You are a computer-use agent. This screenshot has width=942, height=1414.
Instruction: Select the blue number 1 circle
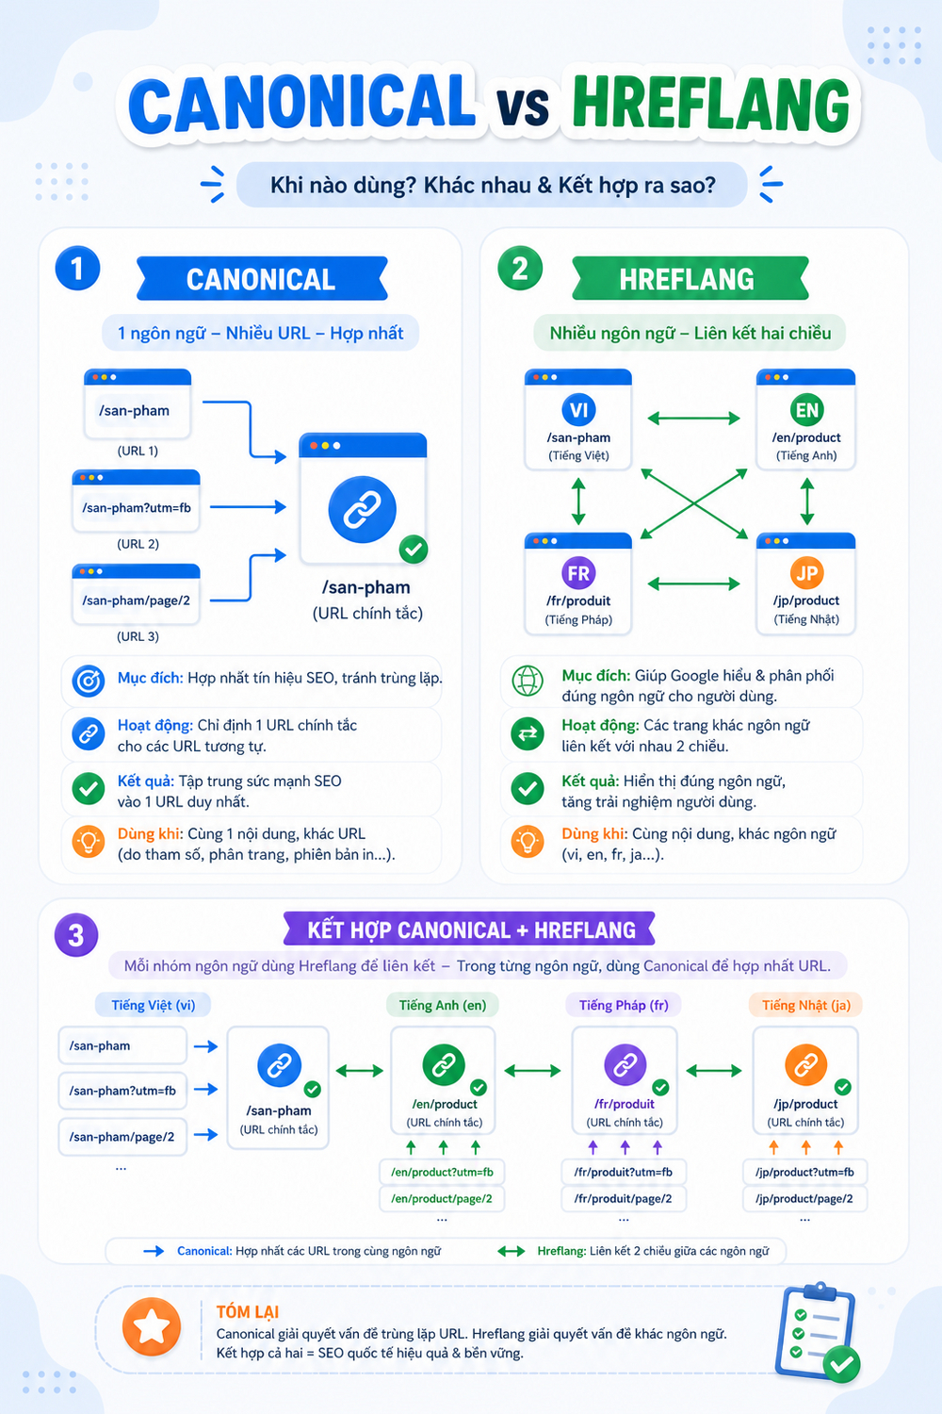[77, 269]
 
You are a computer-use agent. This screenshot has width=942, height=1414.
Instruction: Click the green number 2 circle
[520, 269]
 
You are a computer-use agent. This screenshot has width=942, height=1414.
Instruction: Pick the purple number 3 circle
[76, 935]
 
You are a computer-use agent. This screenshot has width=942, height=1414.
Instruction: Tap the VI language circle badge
[578, 410]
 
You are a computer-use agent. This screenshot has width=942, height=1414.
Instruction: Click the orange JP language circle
[806, 573]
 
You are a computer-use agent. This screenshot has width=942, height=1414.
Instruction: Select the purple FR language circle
[578, 573]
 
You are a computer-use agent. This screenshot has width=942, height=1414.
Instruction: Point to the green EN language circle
[806, 410]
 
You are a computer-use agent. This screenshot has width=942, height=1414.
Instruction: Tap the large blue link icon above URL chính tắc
[362, 509]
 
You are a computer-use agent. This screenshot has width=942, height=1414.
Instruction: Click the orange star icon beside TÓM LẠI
[152, 1327]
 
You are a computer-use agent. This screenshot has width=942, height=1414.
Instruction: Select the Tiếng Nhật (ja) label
[805, 1005]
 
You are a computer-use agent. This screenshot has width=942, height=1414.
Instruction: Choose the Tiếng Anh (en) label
[443, 1005]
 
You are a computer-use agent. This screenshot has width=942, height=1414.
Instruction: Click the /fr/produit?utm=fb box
[624, 1173]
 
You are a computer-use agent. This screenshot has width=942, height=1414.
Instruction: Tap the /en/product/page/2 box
[442, 1199]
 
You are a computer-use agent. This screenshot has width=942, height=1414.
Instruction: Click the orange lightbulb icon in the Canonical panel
[89, 842]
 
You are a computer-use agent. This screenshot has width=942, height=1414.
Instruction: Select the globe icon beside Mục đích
[528, 682]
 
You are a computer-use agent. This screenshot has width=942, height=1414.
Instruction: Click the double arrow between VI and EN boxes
[693, 418]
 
